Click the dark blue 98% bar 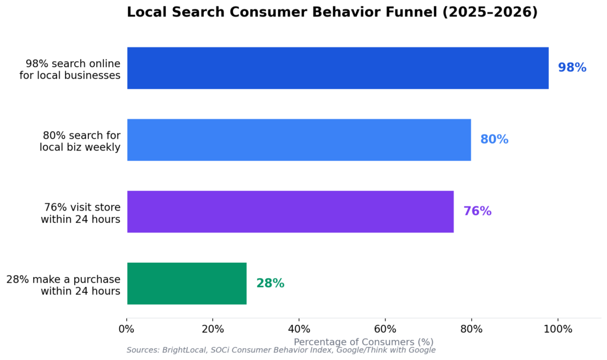[x=337, y=68]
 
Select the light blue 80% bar [x=299, y=140]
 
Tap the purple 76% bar [x=290, y=212]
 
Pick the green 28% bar [x=187, y=283]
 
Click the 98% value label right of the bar [x=572, y=68]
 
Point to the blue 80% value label [x=494, y=140]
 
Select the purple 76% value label [x=477, y=212]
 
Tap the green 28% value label [x=270, y=283]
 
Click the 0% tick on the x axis [x=127, y=329]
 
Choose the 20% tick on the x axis [x=213, y=329]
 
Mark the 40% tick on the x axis [x=299, y=329]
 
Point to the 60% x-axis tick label [x=385, y=329]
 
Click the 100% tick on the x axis [x=557, y=329]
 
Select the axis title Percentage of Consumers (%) [x=363, y=342]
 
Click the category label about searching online [x=73, y=69]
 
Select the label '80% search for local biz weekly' [x=80, y=141]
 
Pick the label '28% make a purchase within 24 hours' [x=63, y=285]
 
